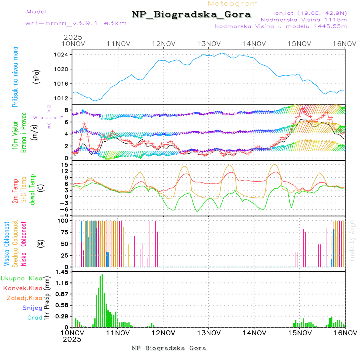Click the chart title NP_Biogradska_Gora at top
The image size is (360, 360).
(x=192, y=15)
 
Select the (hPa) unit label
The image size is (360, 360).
(x=36, y=77)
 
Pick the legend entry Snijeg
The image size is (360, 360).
(x=32, y=308)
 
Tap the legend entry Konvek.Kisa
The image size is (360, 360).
(x=23, y=288)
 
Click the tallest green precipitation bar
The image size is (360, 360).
(x=102, y=300)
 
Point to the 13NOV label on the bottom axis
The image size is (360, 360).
(x=209, y=332)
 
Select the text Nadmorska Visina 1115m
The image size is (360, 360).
(x=304, y=19)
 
